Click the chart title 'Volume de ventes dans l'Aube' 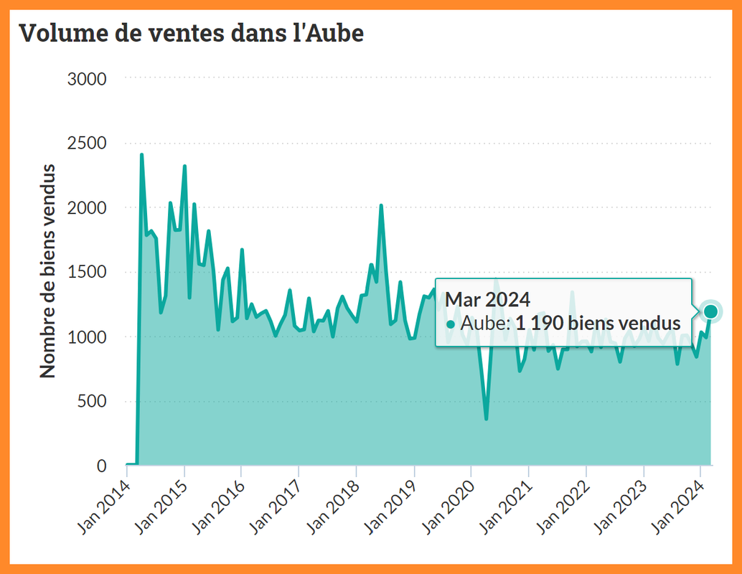coord(191,32)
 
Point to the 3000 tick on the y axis coord(87,78)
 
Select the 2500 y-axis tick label coord(87,143)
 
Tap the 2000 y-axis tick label coord(87,207)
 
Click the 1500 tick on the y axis coord(87,272)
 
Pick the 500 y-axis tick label coord(91,401)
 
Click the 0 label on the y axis coord(101,466)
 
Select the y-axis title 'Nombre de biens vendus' coord(47,271)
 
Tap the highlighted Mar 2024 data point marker coord(711,311)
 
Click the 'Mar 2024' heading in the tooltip coord(487,299)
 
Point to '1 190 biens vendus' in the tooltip coord(598,323)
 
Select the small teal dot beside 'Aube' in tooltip coord(451,324)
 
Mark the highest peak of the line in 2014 coord(141,155)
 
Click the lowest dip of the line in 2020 coord(486,418)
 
